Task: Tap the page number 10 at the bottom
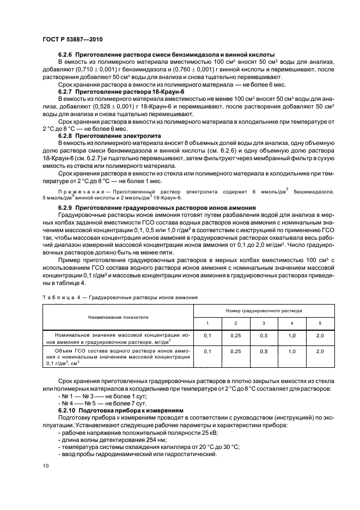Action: pos(46,465)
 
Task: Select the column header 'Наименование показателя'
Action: pos(118,317)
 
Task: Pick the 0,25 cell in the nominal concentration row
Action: pos(235,336)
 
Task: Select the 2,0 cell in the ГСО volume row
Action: pos(320,351)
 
